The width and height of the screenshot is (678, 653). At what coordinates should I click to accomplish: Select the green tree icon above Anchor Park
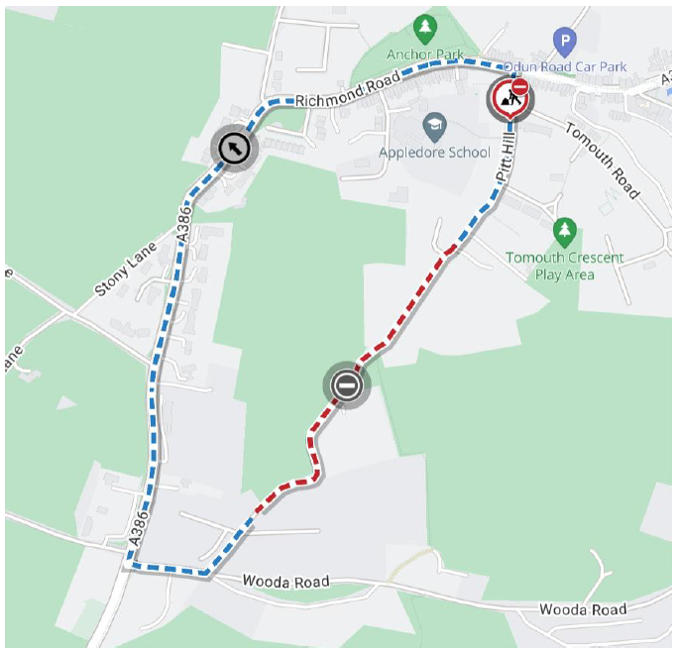point(425,25)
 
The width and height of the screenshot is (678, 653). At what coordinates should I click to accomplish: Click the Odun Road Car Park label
point(565,67)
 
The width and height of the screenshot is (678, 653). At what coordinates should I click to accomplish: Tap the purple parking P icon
point(564,42)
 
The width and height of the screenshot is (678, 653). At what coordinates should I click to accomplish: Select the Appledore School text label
point(434,153)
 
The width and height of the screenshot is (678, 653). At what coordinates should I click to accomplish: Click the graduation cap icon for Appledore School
point(434,126)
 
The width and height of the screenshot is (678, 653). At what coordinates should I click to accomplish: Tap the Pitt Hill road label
point(507,161)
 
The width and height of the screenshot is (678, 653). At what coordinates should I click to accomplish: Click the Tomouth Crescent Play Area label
point(565,266)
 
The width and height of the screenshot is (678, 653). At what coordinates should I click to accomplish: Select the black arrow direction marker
point(234,150)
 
